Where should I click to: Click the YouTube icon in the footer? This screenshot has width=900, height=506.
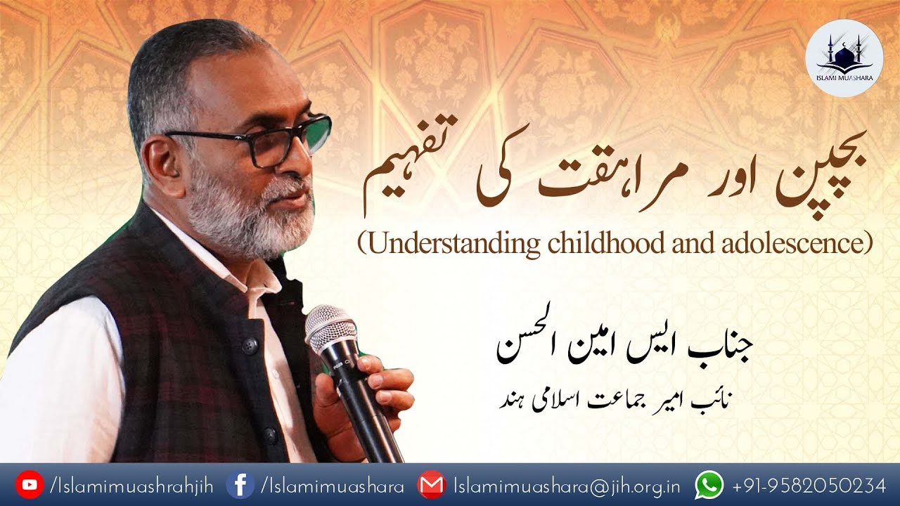[x=29, y=485]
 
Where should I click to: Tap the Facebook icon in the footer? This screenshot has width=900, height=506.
[x=240, y=485]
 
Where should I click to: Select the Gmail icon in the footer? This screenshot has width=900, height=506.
[x=431, y=485]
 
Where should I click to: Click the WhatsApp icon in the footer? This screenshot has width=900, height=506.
[x=709, y=485]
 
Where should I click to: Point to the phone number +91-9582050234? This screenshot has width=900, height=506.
[x=809, y=486]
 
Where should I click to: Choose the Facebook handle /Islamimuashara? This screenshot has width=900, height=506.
[x=332, y=486]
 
